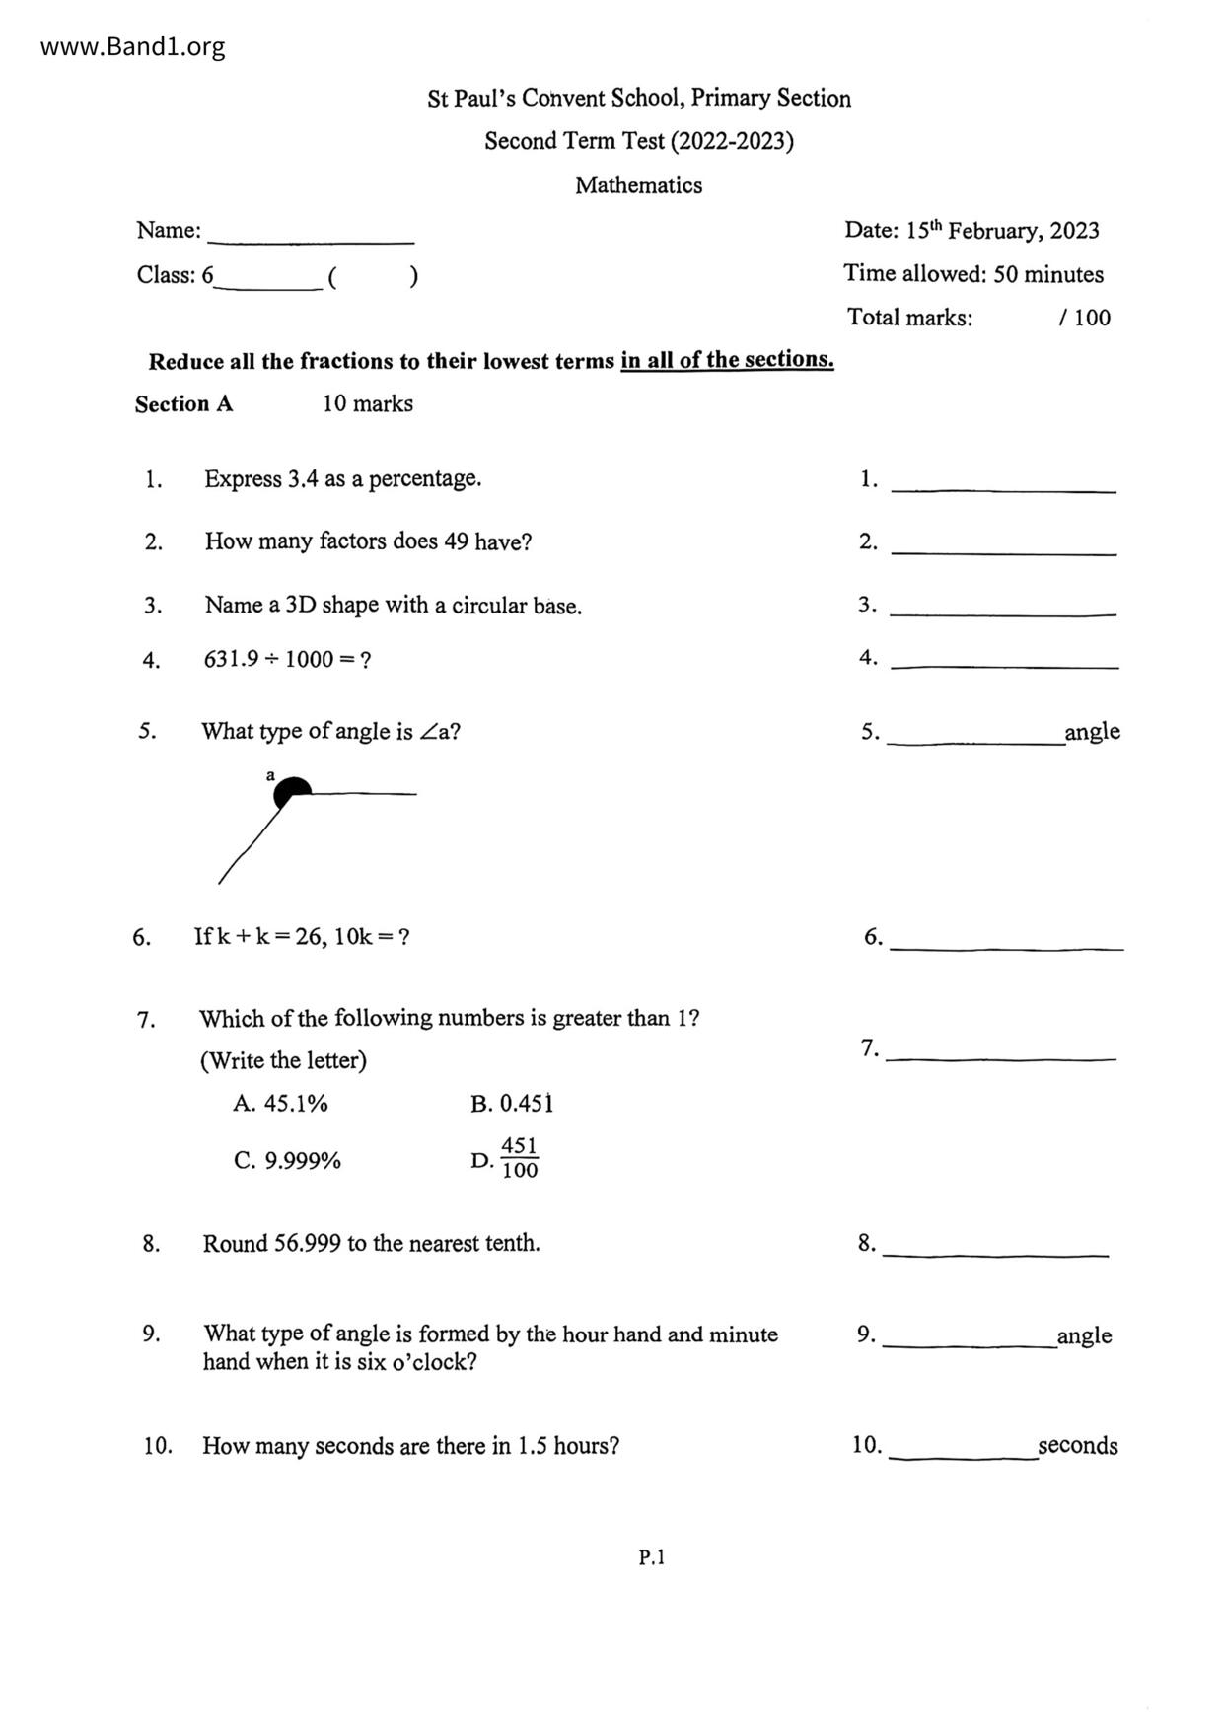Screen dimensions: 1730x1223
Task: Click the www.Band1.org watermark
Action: coord(132,46)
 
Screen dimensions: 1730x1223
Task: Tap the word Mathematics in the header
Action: coord(638,185)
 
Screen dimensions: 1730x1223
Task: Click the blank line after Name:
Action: coord(311,237)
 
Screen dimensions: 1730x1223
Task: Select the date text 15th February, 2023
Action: coord(1002,230)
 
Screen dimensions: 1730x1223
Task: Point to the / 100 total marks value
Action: coord(1084,318)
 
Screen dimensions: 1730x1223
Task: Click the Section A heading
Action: coord(183,404)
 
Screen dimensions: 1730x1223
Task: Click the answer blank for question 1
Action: coord(1003,484)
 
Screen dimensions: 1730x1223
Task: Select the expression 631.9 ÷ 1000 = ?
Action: coord(287,659)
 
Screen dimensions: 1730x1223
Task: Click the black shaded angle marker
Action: coord(292,790)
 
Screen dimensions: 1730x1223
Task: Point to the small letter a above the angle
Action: coord(270,775)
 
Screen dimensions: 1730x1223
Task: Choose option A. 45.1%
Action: coord(280,1104)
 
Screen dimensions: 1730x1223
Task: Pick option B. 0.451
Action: coord(512,1104)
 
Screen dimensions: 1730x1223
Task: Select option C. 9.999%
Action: coord(287,1161)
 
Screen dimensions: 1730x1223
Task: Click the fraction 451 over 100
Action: coord(519,1159)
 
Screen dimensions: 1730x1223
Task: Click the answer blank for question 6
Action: coord(1005,942)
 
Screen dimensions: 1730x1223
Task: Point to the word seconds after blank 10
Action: coord(1077,1446)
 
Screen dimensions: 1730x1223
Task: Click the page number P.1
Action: coord(651,1557)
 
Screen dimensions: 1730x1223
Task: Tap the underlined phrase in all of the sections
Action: coord(727,360)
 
